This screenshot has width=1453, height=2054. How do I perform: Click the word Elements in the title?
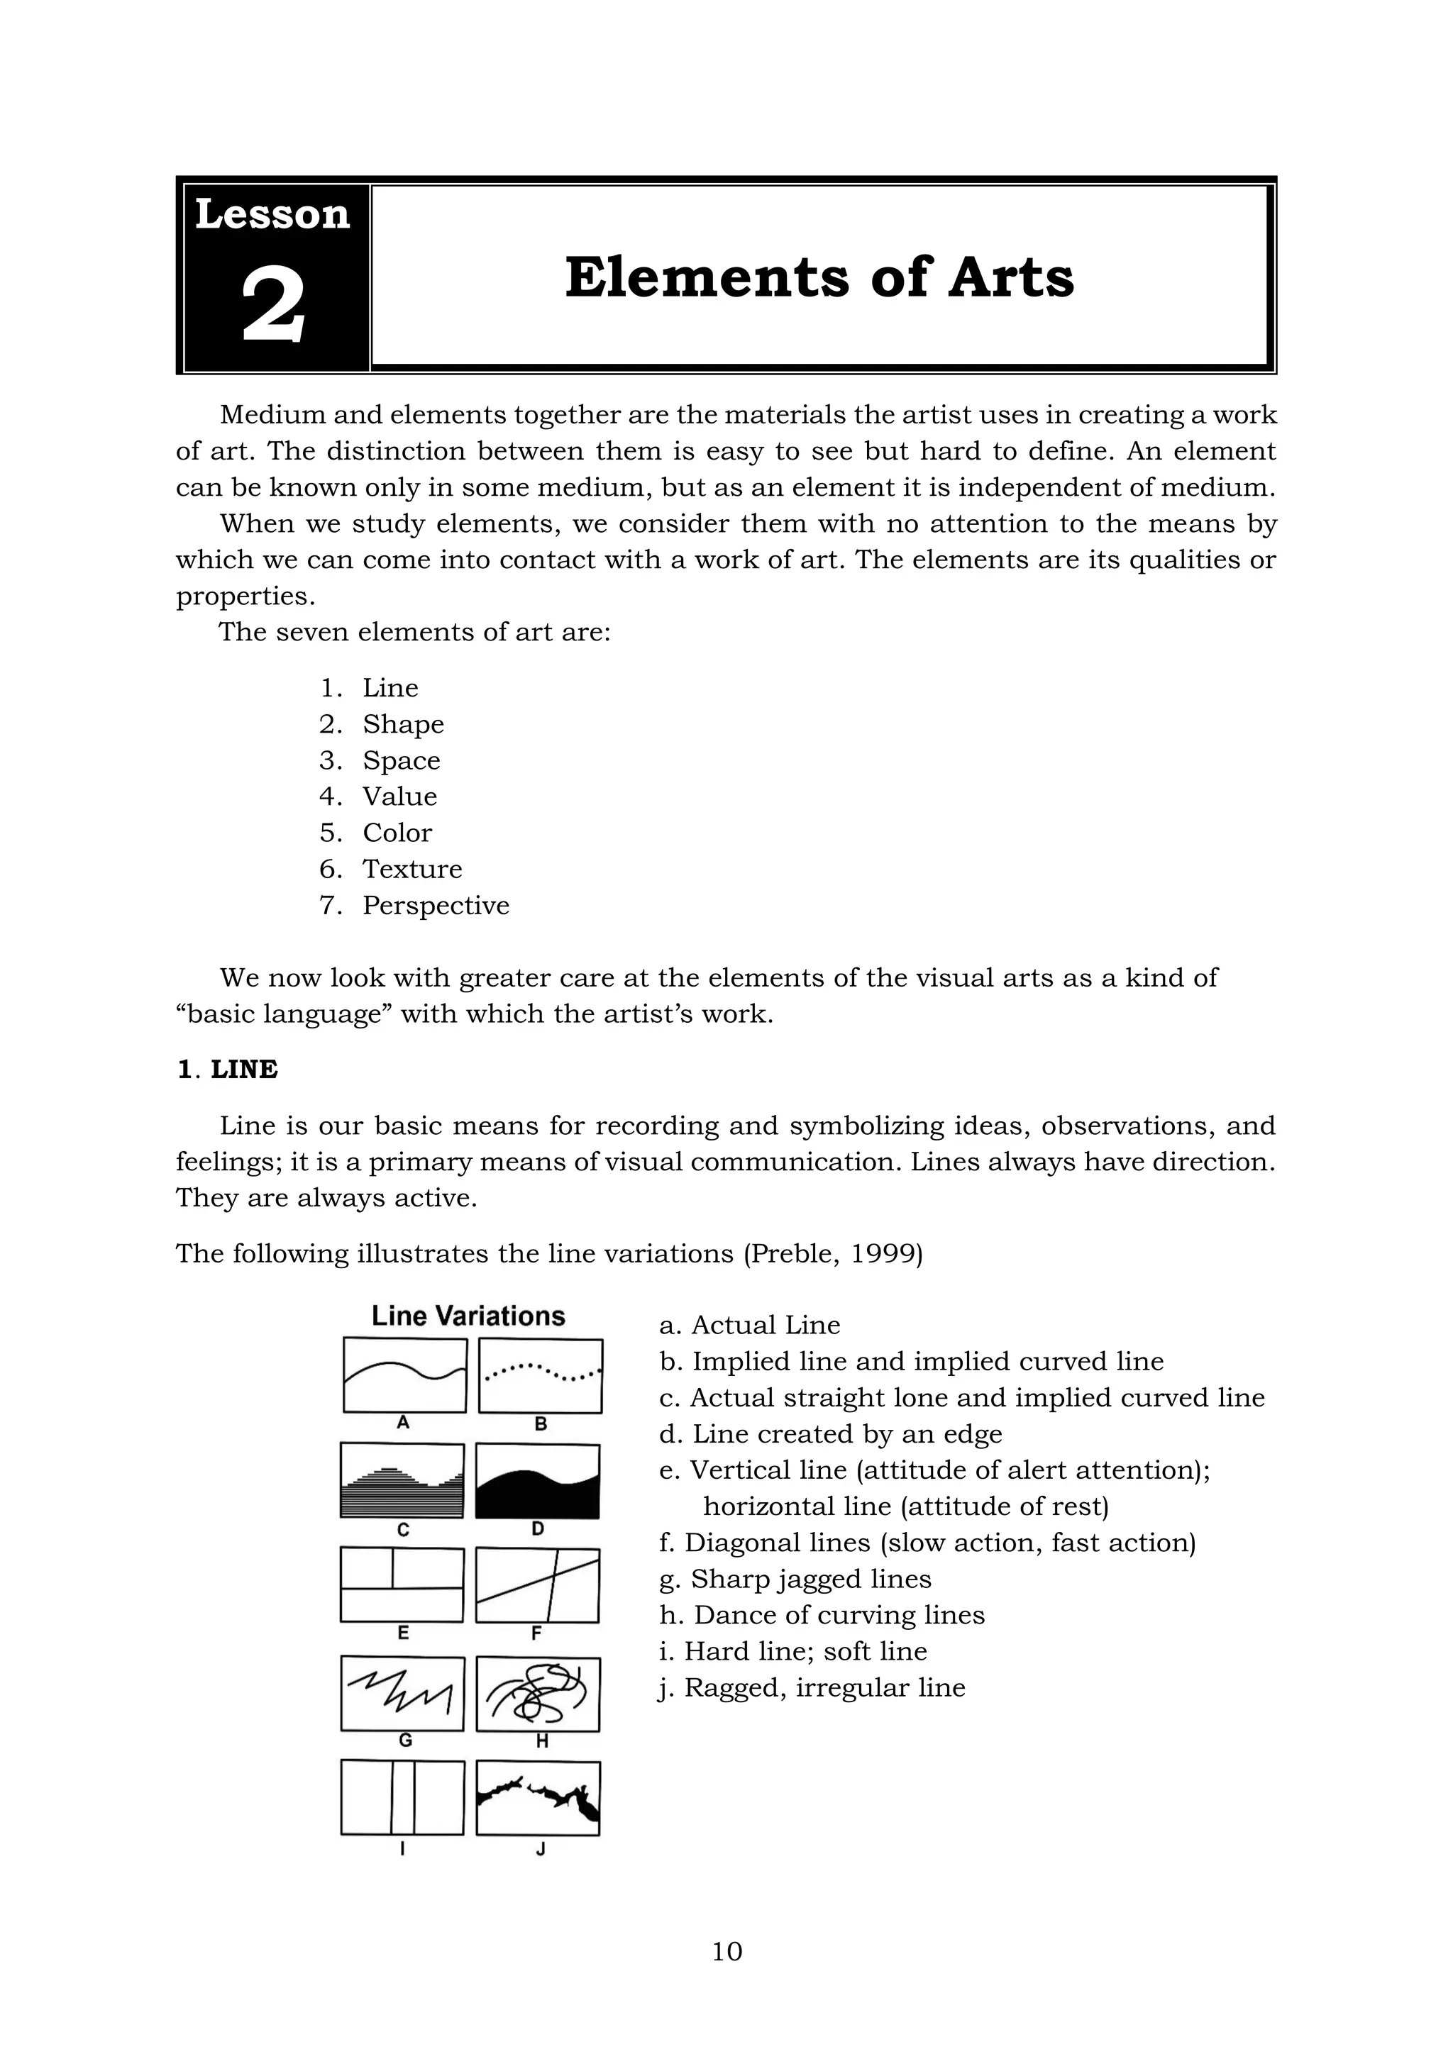[x=706, y=277]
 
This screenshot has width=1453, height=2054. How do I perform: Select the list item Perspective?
[x=435, y=905]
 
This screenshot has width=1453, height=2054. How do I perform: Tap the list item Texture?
[x=411, y=869]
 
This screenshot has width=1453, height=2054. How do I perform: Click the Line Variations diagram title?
[x=468, y=1316]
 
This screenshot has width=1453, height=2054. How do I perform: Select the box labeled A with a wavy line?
[x=404, y=1375]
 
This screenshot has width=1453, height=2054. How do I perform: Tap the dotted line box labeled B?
[x=541, y=1375]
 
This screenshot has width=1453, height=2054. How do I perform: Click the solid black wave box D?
[x=537, y=1480]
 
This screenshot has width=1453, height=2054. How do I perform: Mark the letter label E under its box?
[x=402, y=1633]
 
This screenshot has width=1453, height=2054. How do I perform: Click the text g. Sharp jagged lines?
[x=795, y=1579]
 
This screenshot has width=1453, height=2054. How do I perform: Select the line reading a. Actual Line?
[x=750, y=1325]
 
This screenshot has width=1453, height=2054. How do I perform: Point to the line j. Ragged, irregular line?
[x=812, y=1687]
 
